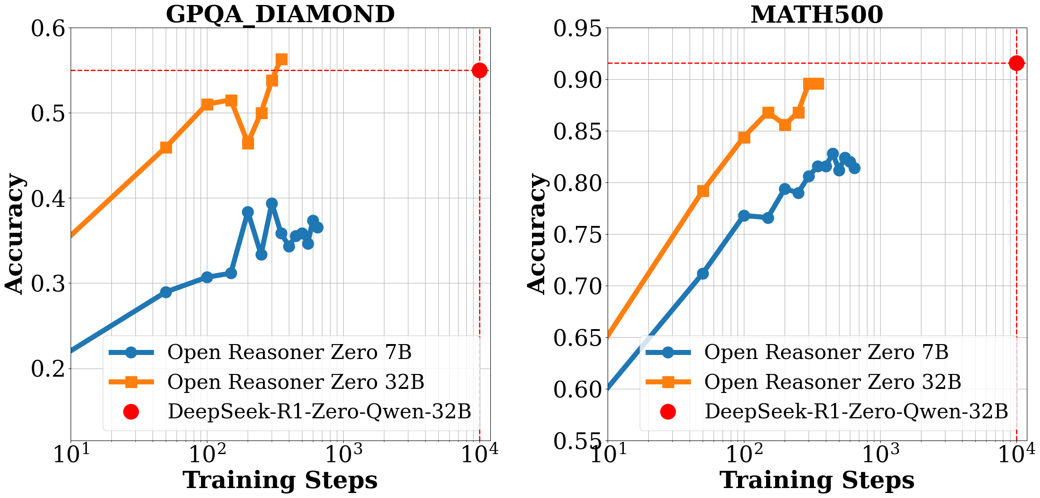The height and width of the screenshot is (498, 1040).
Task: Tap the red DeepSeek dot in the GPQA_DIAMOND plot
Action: pyautogui.click(x=479, y=70)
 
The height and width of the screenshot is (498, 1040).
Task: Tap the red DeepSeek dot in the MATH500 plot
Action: pyautogui.click(x=1016, y=63)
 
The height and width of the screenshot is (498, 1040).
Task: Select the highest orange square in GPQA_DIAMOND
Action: pyautogui.click(x=282, y=59)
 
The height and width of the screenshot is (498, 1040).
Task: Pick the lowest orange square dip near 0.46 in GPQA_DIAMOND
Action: pyautogui.click(x=248, y=143)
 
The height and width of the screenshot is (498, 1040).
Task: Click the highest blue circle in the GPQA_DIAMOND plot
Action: pyautogui.click(x=272, y=203)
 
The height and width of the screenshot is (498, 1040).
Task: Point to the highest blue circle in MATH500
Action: pyautogui.click(x=833, y=153)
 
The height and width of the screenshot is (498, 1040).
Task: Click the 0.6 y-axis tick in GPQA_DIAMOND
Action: pyautogui.click(x=48, y=29)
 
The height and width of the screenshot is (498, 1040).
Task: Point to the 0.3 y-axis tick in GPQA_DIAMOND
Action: pyautogui.click(x=48, y=284)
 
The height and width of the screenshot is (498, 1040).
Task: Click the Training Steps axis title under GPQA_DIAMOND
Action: pyautogui.click(x=280, y=480)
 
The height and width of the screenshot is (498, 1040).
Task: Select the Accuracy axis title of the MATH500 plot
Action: pyautogui.click(x=537, y=234)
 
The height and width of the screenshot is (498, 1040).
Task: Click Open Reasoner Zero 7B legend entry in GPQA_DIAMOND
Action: pyautogui.click(x=289, y=352)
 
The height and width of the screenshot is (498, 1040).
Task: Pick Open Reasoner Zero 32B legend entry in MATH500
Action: pyautogui.click(x=832, y=382)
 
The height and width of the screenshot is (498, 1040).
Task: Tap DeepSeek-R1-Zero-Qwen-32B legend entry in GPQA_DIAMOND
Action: pyautogui.click(x=319, y=412)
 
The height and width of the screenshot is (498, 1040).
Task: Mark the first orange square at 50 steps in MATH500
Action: pyautogui.click(x=703, y=191)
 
